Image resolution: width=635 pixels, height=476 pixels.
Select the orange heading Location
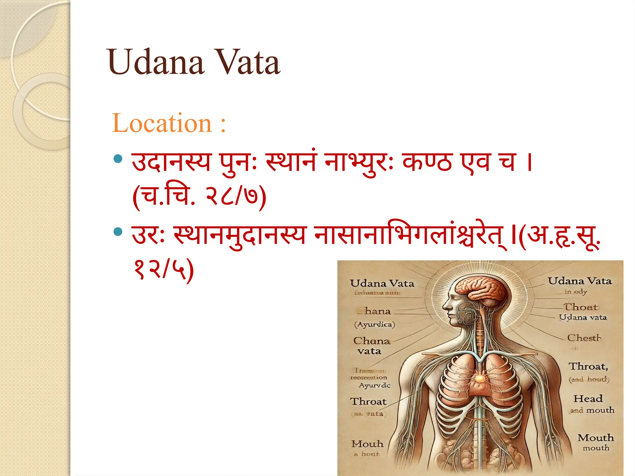[x=162, y=123]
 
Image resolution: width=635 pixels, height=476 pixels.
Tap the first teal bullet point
[x=118, y=159]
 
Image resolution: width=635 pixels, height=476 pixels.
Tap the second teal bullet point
[x=118, y=231]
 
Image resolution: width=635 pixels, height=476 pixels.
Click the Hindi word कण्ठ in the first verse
[x=427, y=162]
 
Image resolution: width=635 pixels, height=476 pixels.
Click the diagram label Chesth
[x=584, y=338]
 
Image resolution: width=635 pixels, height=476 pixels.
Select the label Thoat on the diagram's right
[x=580, y=307]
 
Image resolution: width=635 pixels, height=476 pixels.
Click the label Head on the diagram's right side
[x=588, y=399]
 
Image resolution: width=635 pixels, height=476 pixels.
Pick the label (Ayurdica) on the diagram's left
[x=375, y=324]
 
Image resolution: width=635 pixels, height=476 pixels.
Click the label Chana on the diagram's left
[x=371, y=341]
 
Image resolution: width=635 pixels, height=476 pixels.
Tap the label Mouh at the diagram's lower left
[x=367, y=444]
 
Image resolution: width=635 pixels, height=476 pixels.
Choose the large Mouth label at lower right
[x=595, y=438]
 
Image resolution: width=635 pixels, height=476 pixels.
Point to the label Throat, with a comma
[x=588, y=366]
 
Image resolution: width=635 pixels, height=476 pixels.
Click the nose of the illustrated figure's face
[x=445, y=305]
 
